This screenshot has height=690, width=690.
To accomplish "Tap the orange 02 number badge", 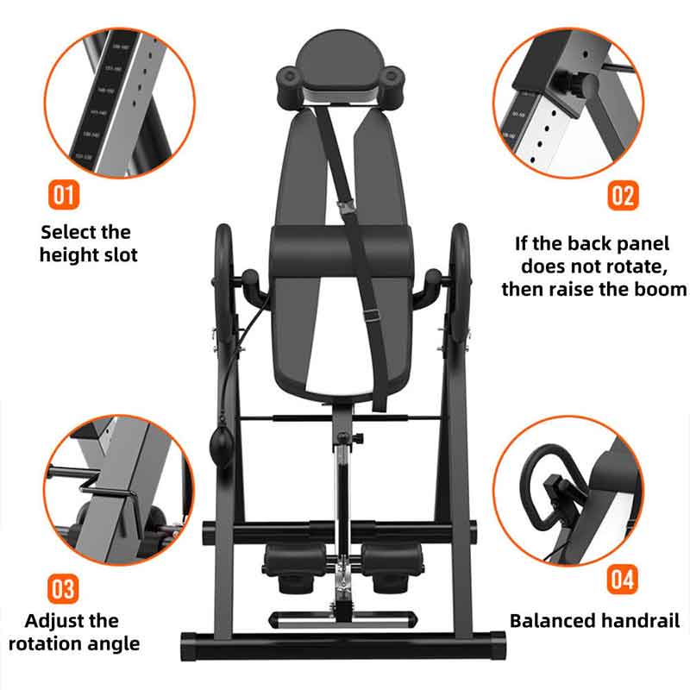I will (x=623, y=195).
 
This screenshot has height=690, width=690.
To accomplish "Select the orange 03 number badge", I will (x=62, y=589).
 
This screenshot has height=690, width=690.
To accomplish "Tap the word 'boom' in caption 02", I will (x=659, y=288).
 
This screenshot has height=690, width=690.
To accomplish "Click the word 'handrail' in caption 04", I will (x=641, y=620).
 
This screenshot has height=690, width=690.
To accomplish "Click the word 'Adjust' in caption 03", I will (x=60, y=620).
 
